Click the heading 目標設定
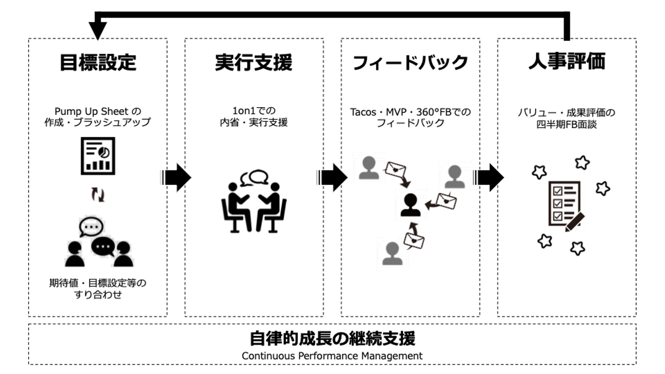[98, 63]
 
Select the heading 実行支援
[254, 63]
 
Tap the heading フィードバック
[410, 63]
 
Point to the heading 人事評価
[567, 62]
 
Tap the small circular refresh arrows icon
[97, 195]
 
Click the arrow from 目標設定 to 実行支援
[176, 177]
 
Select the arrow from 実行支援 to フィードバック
[332, 177]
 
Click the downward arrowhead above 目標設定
[97, 30]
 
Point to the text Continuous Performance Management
[332, 356]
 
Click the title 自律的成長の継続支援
[332, 338]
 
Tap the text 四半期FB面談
[566, 124]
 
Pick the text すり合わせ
[97, 295]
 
